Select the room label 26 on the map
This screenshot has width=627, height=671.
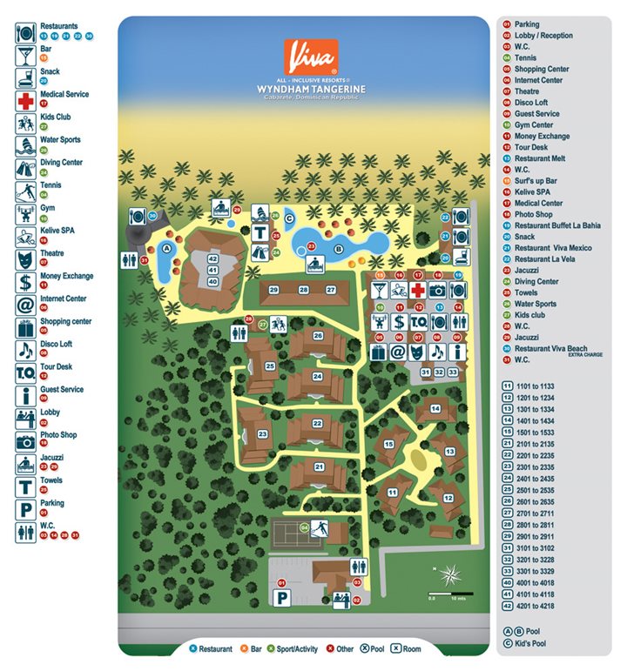click(318, 335)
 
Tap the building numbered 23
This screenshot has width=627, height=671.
click(261, 433)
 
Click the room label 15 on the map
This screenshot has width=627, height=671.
click(388, 444)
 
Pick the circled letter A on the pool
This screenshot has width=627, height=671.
click(165, 247)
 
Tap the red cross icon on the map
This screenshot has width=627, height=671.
click(418, 290)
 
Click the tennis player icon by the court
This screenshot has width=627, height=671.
click(320, 527)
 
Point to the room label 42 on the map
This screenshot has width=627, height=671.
click(212, 258)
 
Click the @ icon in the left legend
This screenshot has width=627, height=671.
click(25, 305)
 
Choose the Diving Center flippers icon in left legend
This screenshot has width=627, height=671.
click(25, 168)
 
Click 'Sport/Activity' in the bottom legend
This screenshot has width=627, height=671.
click(296, 648)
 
